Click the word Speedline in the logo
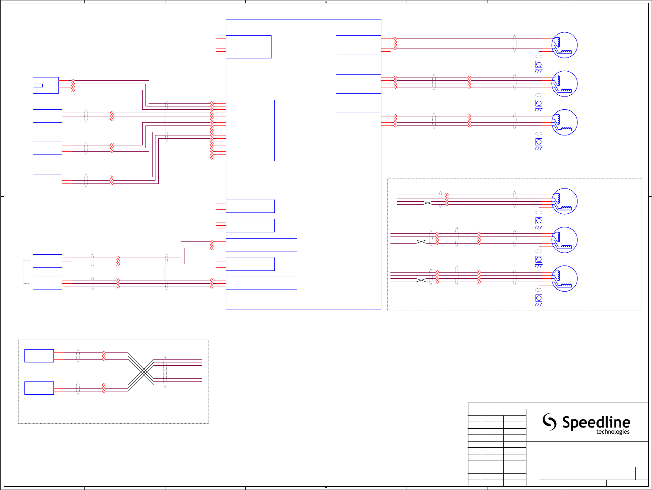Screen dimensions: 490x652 pos(596,422)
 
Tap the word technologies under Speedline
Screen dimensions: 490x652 pos(613,432)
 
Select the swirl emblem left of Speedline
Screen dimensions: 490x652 pos(550,422)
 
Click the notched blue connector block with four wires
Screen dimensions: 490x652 pos(46,85)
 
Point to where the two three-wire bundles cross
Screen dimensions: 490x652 pos(143,372)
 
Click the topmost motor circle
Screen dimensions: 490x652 pos(565,45)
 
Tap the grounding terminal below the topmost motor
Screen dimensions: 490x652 pos(539,65)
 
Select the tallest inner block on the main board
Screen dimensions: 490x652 pos(250,130)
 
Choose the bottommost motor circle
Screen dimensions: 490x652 pos(565,278)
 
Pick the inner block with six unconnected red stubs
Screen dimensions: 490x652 pos(248,47)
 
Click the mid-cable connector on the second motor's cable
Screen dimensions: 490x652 pos(469,82)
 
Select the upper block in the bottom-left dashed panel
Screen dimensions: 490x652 pos(39,356)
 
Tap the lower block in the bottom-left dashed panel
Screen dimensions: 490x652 pos(39,388)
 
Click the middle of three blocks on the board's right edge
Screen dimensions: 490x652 pos(358,84)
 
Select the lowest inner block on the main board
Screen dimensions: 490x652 pos(261,283)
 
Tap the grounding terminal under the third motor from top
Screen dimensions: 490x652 pos(539,142)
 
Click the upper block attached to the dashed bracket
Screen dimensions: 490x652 pos(47,261)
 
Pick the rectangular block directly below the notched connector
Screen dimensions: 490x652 pos(47,116)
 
